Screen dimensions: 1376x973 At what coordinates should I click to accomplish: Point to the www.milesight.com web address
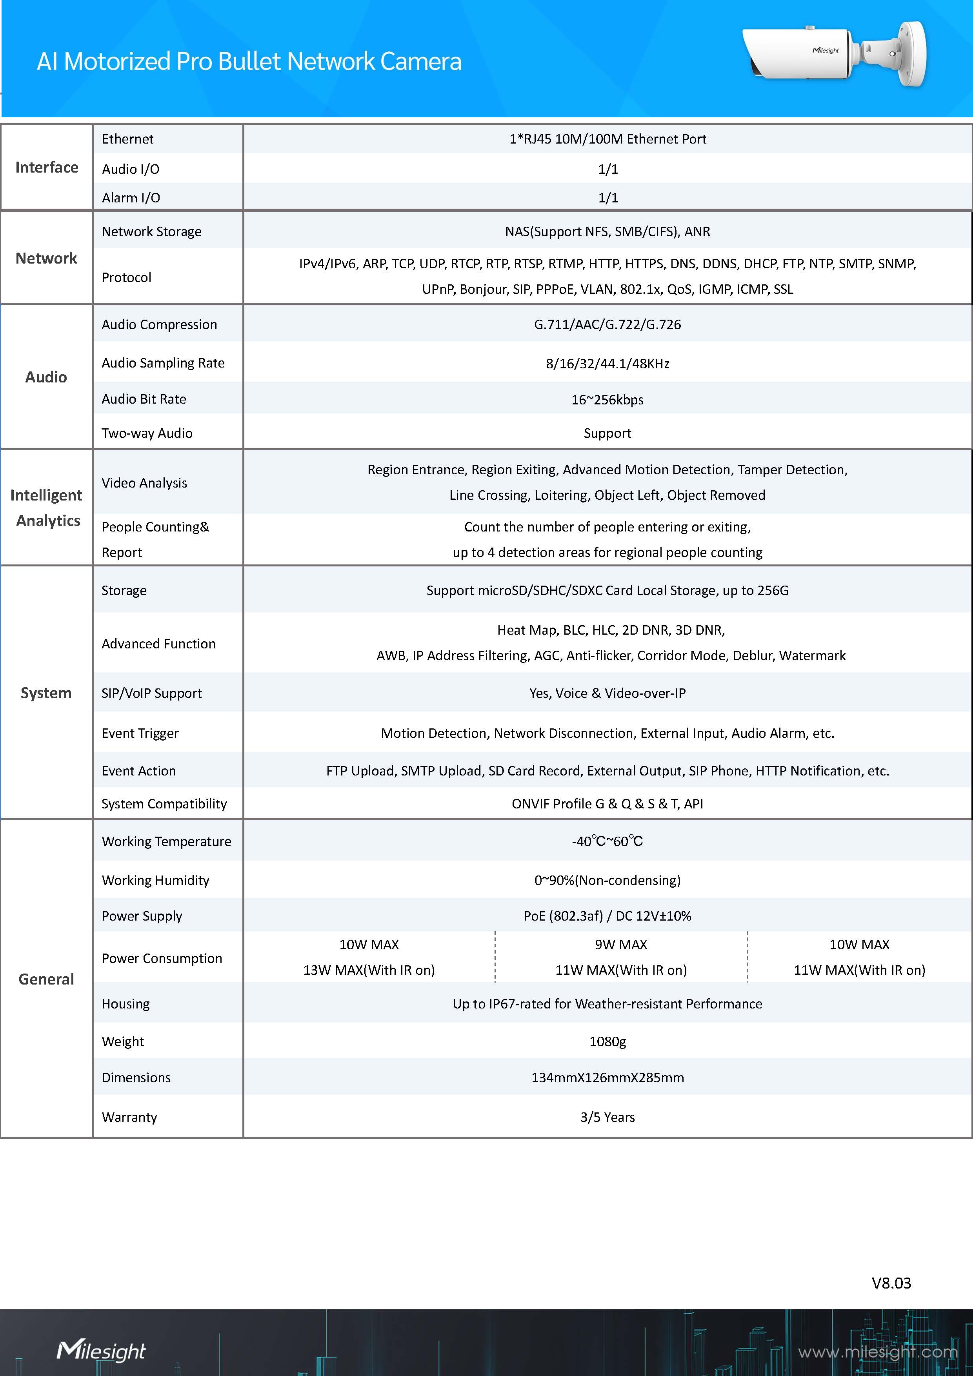(x=877, y=1351)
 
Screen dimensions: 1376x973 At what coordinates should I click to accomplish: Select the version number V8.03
(x=891, y=1283)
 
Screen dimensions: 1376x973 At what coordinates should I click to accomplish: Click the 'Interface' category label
(x=47, y=167)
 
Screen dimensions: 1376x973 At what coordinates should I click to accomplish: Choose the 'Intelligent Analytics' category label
(x=47, y=508)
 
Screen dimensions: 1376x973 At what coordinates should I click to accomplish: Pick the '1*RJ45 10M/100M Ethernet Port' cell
(x=607, y=139)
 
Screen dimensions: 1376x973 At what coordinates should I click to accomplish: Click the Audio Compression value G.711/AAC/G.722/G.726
(x=607, y=324)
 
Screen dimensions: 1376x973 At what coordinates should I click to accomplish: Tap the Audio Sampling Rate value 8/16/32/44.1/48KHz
(x=607, y=364)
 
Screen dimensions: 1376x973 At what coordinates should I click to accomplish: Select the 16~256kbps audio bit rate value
(x=607, y=400)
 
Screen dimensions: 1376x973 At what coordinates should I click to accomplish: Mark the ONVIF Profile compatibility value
(x=607, y=804)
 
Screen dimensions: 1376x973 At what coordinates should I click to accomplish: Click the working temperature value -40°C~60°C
(x=607, y=841)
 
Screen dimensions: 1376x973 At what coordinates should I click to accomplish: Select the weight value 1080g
(x=607, y=1041)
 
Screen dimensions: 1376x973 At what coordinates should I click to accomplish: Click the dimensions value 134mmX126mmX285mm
(x=607, y=1078)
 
